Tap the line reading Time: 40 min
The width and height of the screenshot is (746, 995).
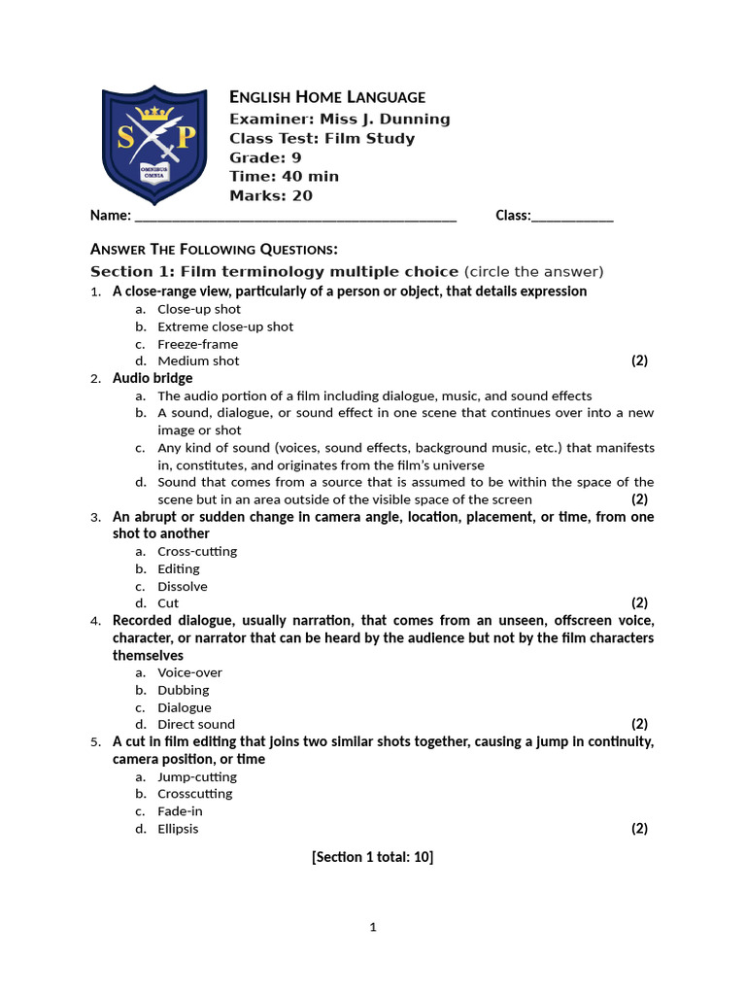click(x=284, y=176)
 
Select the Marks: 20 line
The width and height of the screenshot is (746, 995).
click(x=271, y=195)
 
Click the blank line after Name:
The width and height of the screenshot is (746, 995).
click(x=295, y=217)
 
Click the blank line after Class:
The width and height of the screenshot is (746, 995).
click(x=572, y=217)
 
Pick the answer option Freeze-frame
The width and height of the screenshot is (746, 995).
click(x=197, y=344)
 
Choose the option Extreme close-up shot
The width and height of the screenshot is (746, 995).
click(x=225, y=326)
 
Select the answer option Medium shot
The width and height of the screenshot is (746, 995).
click(x=198, y=360)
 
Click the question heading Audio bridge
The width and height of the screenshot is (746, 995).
click(x=153, y=378)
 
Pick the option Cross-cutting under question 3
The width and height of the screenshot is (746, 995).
click(x=197, y=551)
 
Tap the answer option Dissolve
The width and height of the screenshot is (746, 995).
click(x=183, y=586)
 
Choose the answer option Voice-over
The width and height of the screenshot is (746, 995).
click(x=189, y=672)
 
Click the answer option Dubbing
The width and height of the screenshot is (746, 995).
click(x=184, y=690)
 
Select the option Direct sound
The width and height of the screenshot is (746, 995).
click(x=196, y=724)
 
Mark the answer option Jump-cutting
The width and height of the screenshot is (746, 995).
click(x=197, y=776)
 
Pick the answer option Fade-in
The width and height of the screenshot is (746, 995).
click(x=181, y=811)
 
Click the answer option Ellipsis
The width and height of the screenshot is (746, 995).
click(x=178, y=829)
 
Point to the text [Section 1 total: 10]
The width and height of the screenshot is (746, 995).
click(x=372, y=856)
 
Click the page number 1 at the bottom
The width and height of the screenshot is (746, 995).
click(x=372, y=927)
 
